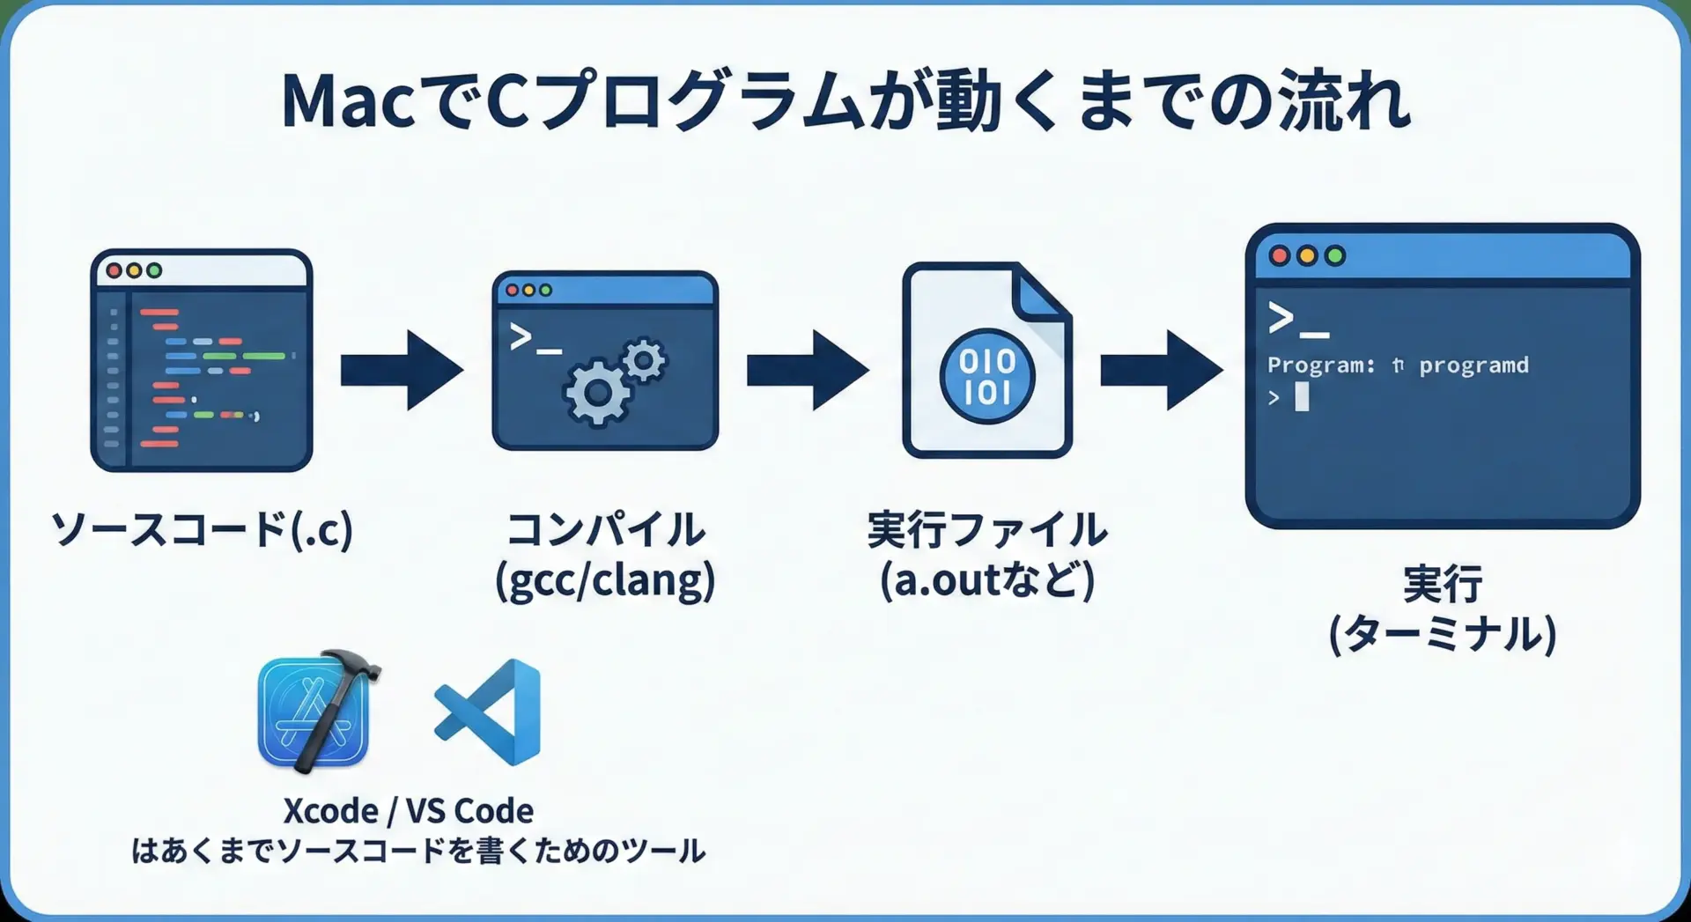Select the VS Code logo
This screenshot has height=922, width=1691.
coord(488,712)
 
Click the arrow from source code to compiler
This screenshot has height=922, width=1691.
coord(402,370)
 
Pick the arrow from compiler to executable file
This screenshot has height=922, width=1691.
coord(808,370)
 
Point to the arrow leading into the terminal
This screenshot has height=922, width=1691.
coord(1162,370)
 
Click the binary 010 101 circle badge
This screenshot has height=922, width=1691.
coord(987,376)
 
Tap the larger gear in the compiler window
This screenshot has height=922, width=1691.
coord(598,393)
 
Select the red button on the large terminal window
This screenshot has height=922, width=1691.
coord(1280,256)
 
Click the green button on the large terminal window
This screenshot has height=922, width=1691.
coord(1335,256)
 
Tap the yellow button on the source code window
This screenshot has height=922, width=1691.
coord(134,270)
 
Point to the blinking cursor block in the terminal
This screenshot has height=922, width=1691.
coord(1302,397)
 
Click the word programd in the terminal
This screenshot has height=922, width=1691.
coord(1473,365)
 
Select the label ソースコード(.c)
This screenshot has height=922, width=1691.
coord(203,529)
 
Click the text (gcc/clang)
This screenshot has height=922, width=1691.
coord(605,581)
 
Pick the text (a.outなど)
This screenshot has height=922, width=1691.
coord(987,581)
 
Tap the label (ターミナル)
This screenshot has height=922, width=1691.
coord(1443,634)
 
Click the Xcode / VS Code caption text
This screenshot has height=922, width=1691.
coord(409,810)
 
